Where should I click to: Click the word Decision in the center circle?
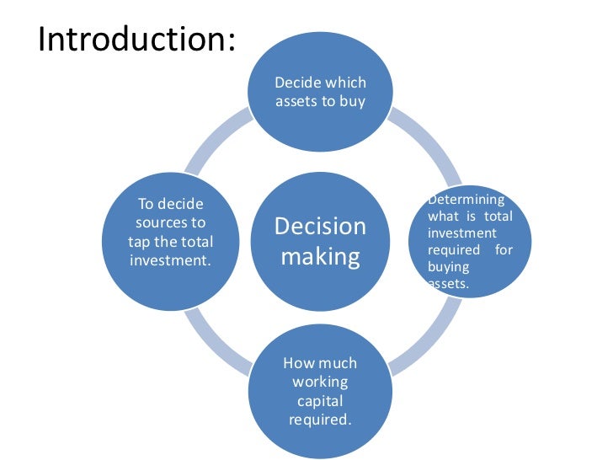pos(321,226)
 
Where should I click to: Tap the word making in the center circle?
pos(320,255)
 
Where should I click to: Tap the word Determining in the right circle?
pos(466,200)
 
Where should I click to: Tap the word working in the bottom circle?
pos(320,382)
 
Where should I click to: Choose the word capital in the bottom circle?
pos(320,401)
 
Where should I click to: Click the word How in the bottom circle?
pos(297,364)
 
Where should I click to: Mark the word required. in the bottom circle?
pos(320,420)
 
